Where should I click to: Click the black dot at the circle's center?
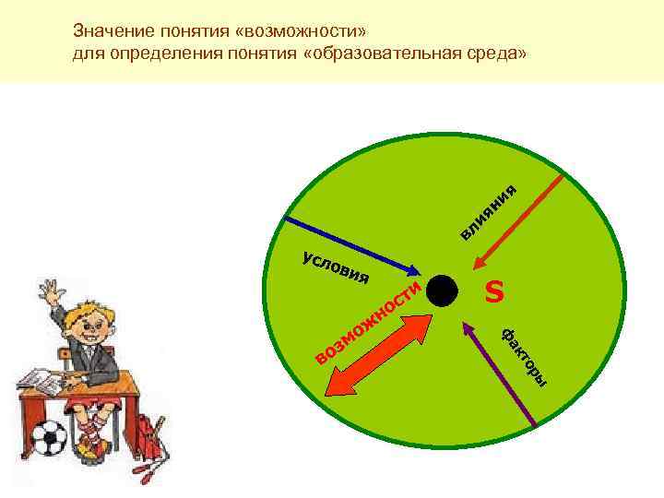(443, 291)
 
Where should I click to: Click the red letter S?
(495, 292)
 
